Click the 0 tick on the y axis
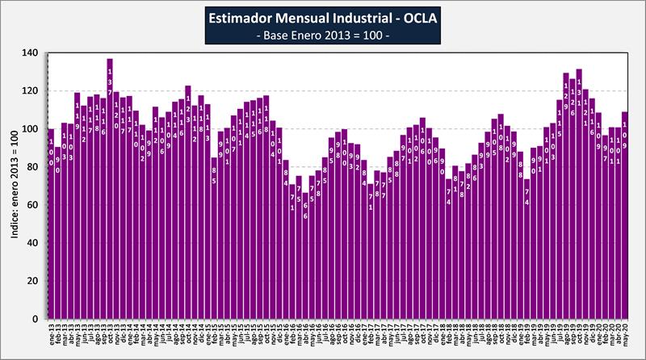pyautogui.click(x=36, y=319)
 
